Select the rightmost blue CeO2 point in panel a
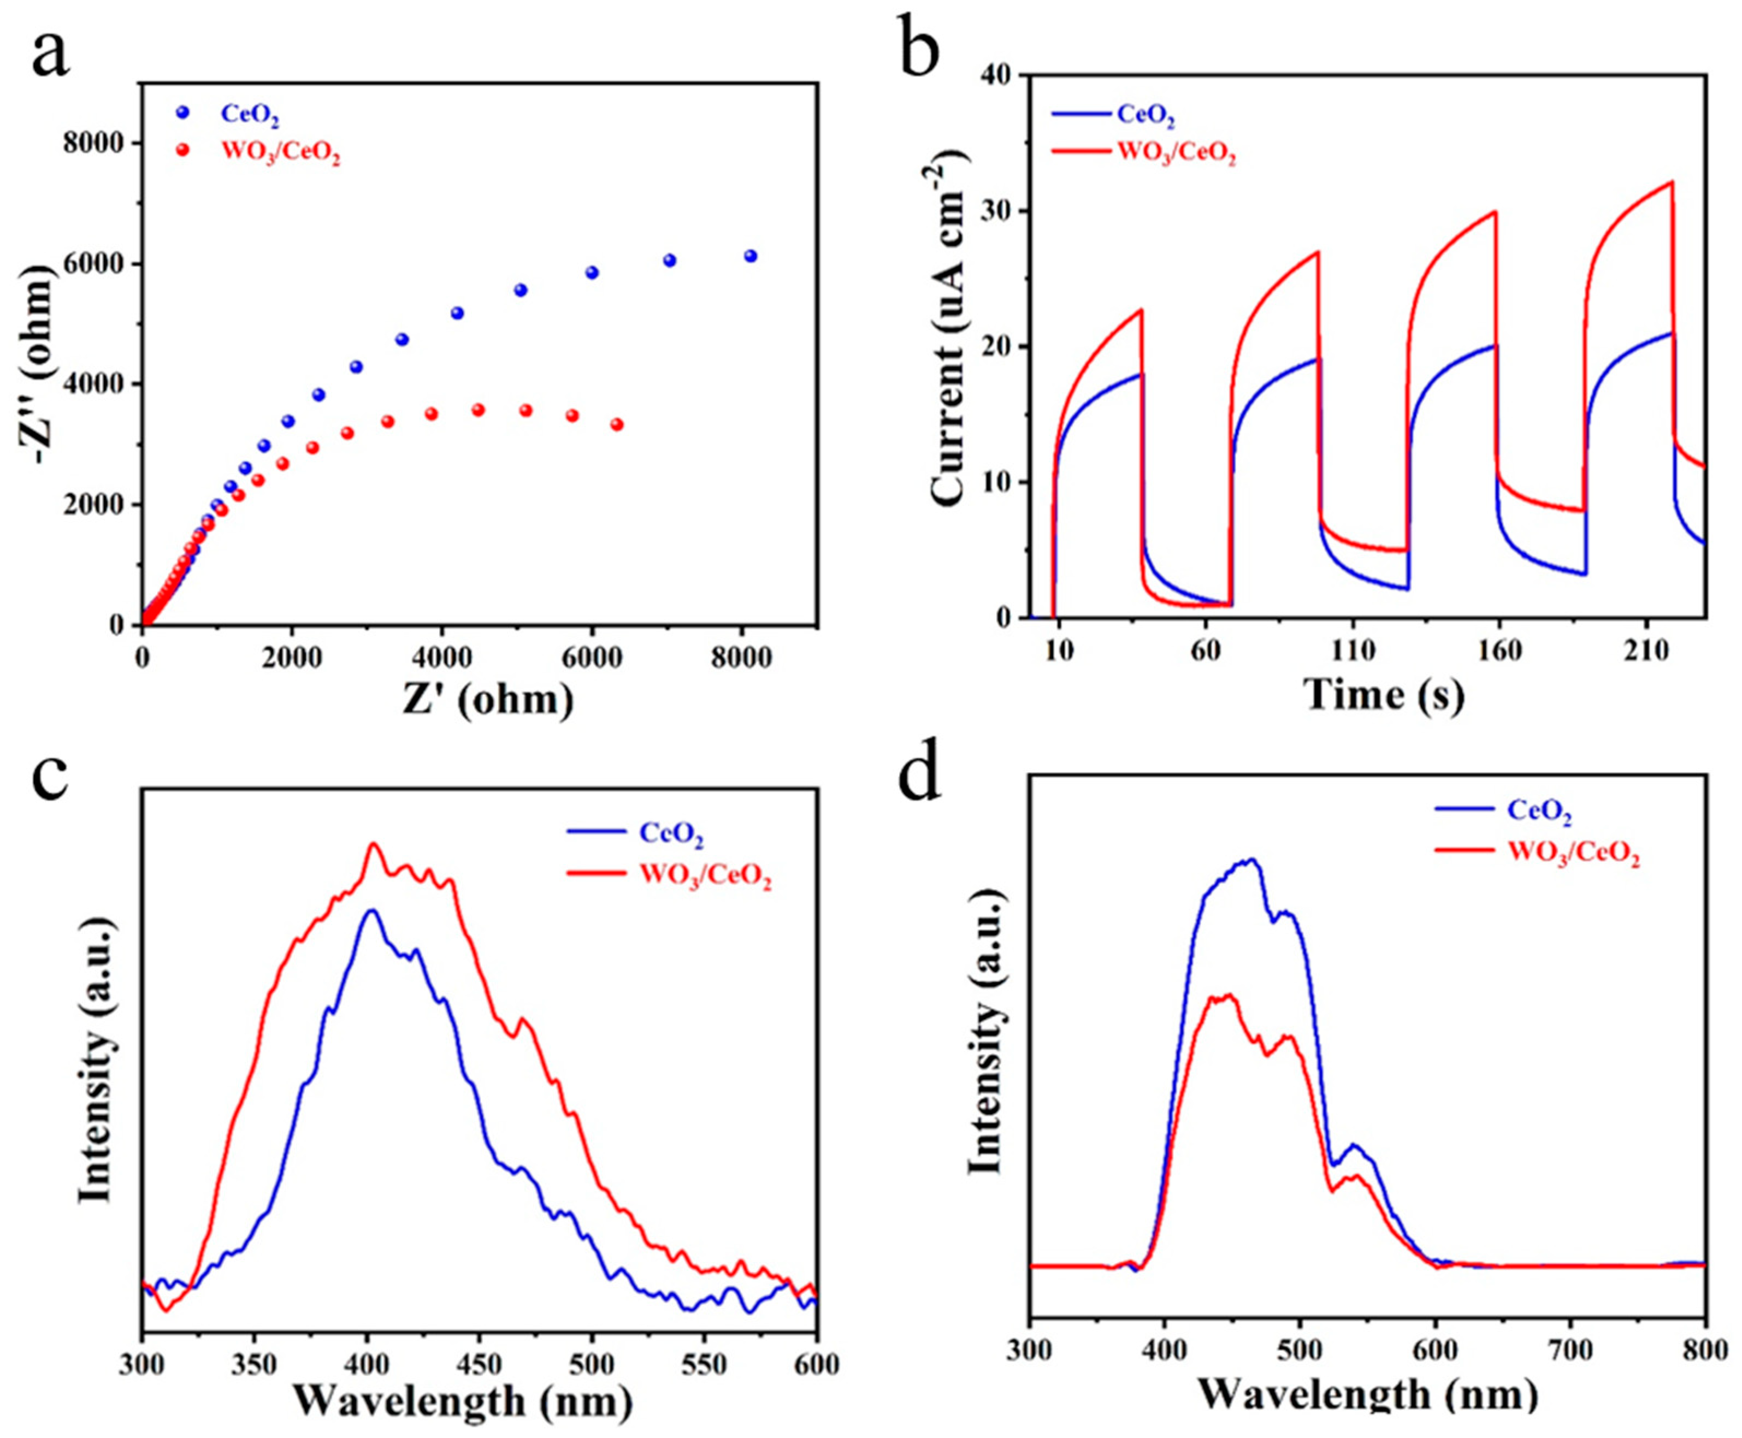click(x=751, y=256)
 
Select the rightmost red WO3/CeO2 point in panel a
click(x=616, y=424)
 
